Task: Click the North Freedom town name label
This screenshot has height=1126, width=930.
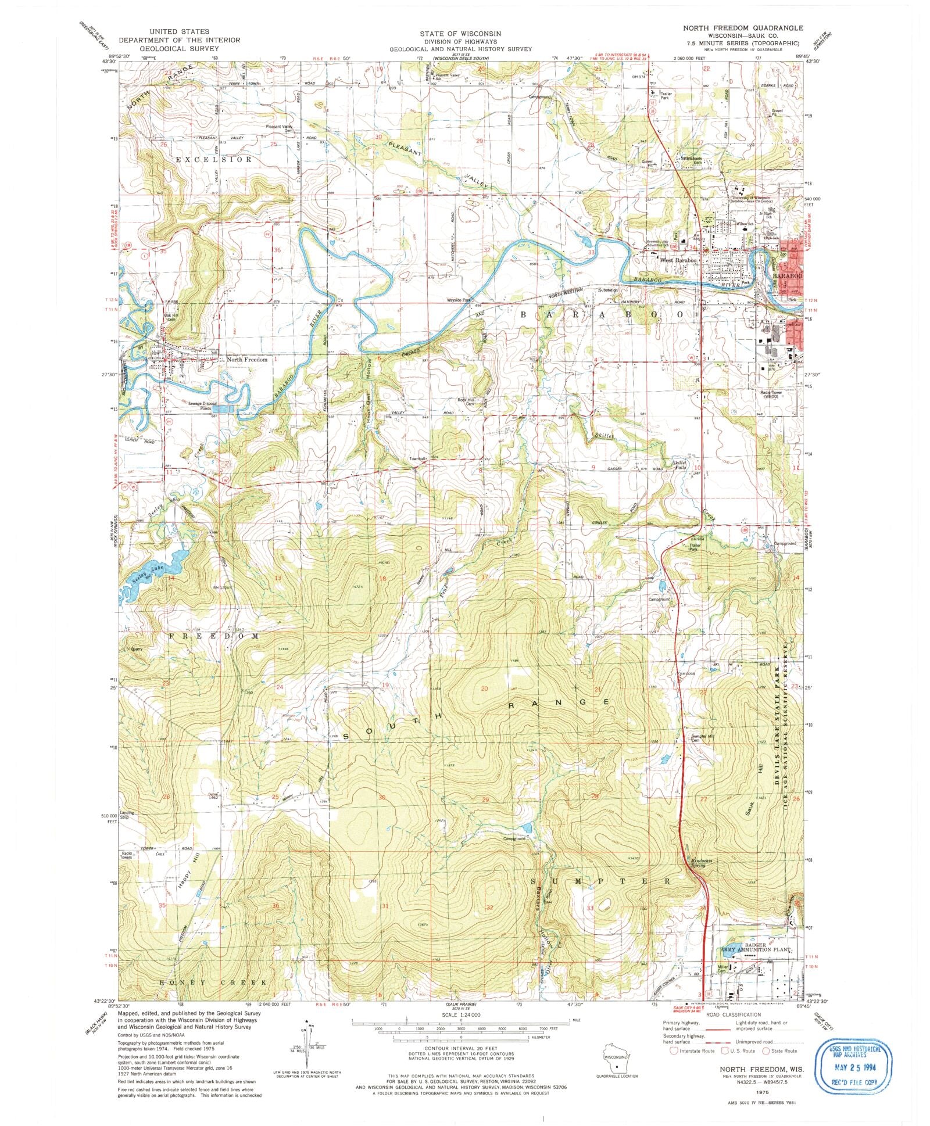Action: pos(247,360)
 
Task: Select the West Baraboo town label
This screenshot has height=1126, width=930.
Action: pos(677,261)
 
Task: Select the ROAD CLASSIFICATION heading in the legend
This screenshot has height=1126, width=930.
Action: pos(732,1014)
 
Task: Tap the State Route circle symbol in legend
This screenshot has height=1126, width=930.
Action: pos(766,1050)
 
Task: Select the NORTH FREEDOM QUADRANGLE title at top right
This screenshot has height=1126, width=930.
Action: pos(743,28)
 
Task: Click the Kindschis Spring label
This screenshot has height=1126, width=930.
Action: pos(697,862)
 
